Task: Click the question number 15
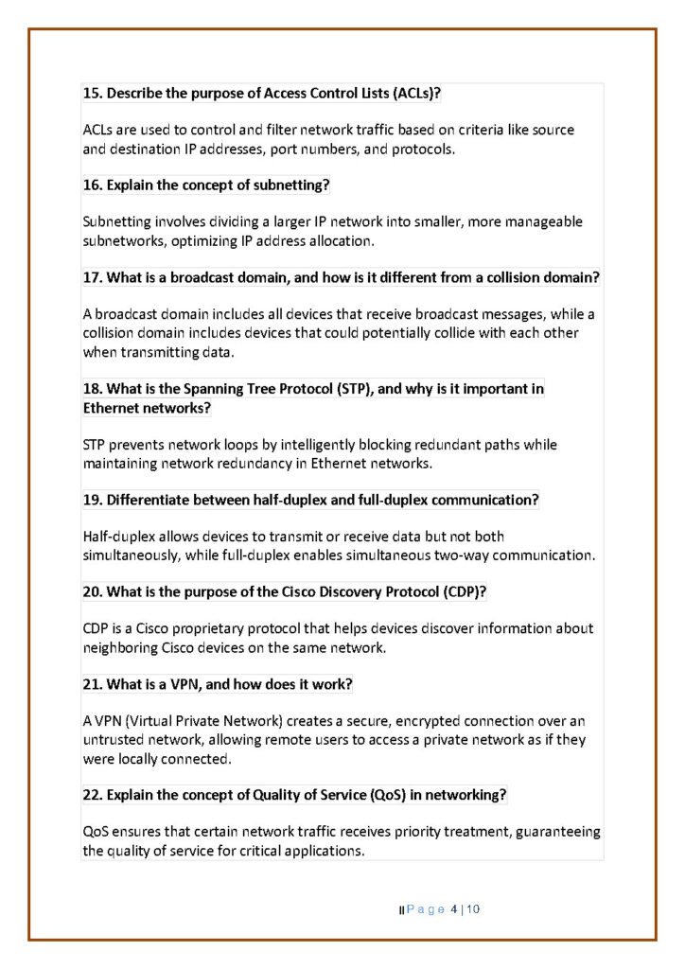pyautogui.click(x=91, y=94)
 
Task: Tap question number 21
pyautogui.click(x=91, y=684)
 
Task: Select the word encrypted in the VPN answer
pyautogui.click(x=407, y=721)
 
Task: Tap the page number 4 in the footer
pyautogui.click(x=454, y=910)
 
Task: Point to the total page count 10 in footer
pyautogui.click(x=473, y=910)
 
